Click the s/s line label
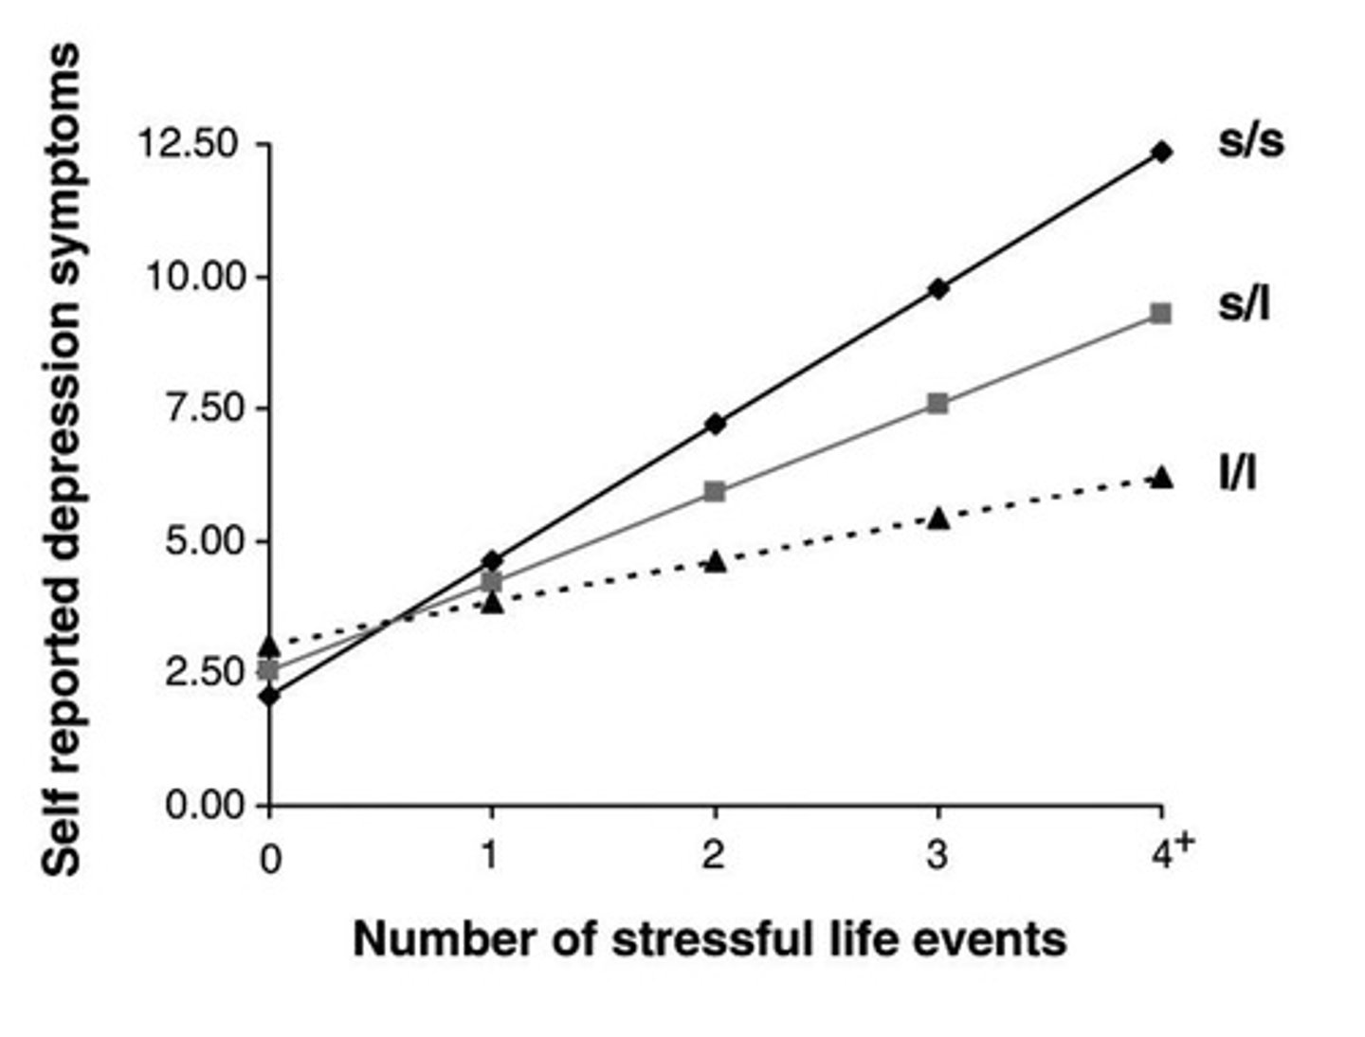coord(1250,142)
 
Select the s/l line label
coord(1244,305)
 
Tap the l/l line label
coord(1238,473)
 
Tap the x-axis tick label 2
coord(714,856)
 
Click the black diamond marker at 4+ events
coord(1161,152)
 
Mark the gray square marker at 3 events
coord(937,404)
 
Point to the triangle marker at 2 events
coord(716,562)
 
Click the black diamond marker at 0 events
coord(271,697)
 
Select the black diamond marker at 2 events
coord(716,424)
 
